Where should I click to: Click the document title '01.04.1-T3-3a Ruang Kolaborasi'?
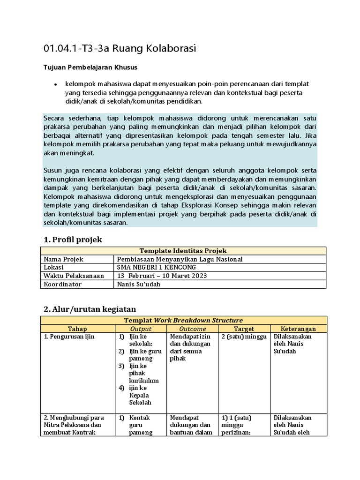119,48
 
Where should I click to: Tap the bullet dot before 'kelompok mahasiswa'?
55,85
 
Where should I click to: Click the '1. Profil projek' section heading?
73,240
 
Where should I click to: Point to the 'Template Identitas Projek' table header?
183,251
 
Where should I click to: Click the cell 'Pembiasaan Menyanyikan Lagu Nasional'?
180,259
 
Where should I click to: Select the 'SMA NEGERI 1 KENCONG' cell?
157,267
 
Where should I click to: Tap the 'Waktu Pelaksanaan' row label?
74,276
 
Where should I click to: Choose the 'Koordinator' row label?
62,284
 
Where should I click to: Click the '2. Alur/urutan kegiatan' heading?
90,309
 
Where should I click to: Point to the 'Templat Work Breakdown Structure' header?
183,320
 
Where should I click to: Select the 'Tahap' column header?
77,329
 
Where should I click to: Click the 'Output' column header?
141,329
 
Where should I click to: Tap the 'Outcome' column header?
192,329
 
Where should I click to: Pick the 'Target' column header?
244,329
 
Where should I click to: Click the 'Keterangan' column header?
298,329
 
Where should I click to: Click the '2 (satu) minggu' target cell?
244,337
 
